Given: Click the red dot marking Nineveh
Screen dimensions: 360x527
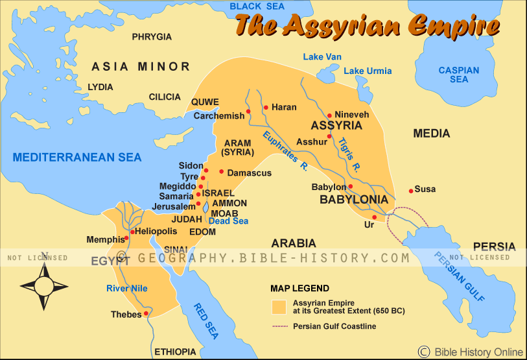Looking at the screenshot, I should click(x=329, y=115).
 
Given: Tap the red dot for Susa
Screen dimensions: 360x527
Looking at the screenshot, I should click(x=410, y=190).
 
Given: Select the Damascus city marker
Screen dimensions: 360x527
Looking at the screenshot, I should click(x=221, y=172).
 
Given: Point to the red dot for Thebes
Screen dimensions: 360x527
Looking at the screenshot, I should click(x=146, y=313).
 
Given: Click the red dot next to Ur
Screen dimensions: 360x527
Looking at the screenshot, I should click(x=375, y=217).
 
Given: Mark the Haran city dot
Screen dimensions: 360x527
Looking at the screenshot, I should click(x=266, y=108).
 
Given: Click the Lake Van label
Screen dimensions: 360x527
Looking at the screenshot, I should click(x=322, y=57).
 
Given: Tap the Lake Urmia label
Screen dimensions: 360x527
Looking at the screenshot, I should click(x=367, y=71).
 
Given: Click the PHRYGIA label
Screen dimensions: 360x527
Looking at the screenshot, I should click(x=152, y=37).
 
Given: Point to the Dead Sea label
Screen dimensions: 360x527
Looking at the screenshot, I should click(x=228, y=221).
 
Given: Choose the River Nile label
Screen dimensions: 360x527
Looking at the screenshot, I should click(x=128, y=288).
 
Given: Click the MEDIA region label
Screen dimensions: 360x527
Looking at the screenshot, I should click(x=431, y=134).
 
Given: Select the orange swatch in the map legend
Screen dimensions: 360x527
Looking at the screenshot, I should click(x=279, y=306).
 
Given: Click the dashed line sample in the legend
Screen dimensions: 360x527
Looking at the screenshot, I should click(x=279, y=326).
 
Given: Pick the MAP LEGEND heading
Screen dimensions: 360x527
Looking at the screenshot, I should click(x=299, y=288).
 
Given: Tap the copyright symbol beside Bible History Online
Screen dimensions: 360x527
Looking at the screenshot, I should click(x=424, y=352).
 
